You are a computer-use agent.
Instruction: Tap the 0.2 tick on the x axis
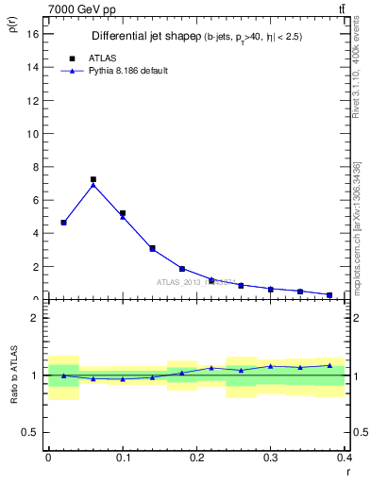[x=196, y=457]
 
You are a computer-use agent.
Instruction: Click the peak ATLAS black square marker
[x=93, y=179]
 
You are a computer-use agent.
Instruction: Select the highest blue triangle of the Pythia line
[x=93, y=185]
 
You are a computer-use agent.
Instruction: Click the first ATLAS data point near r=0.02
[x=63, y=223]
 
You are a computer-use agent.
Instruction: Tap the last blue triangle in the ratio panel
[x=329, y=365]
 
